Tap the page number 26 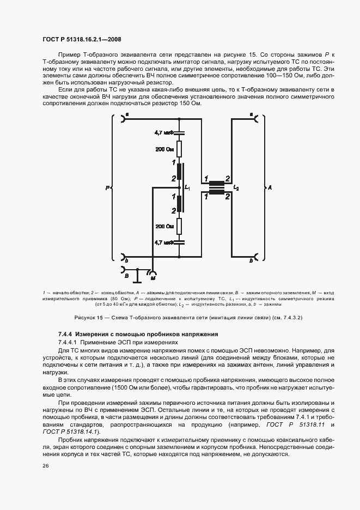click(x=45, y=466)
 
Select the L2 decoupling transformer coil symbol click(x=218, y=187)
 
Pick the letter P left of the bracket click(x=107, y=188)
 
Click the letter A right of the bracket click(x=269, y=188)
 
